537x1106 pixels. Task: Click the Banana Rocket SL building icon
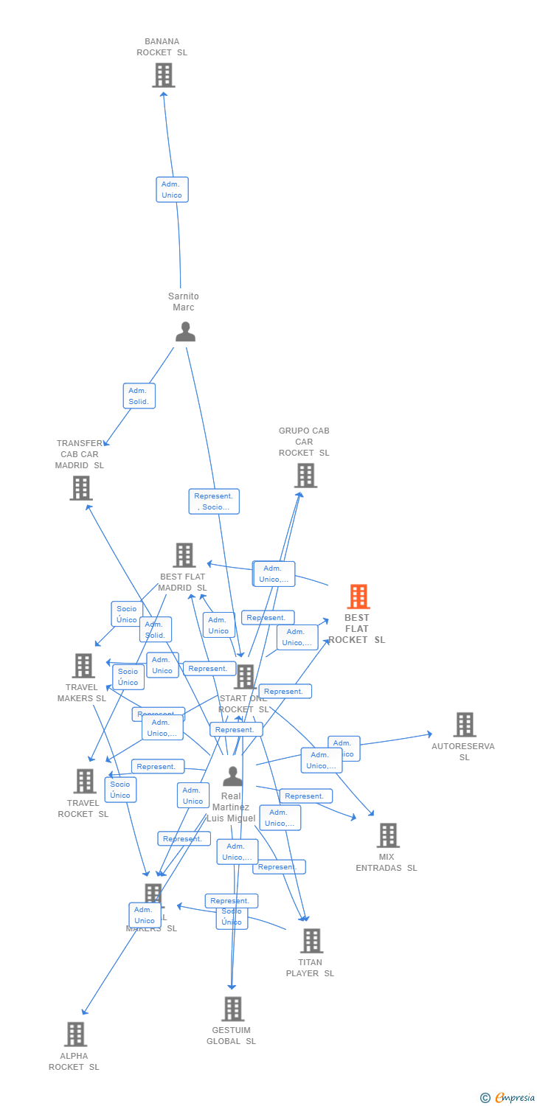[x=163, y=75]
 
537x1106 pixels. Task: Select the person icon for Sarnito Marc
[x=185, y=332]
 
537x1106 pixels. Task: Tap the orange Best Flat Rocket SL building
[x=358, y=597]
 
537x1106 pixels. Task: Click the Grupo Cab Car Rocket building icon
[x=305, y=476]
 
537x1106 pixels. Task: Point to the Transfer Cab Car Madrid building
[x=81, y=488]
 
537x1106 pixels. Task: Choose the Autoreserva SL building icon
[x=464, y=725]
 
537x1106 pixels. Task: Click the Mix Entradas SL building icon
[x=387, y=835]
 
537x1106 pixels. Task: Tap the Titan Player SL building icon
[x=311, y=941]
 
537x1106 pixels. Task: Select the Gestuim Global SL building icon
[x=232, y=1009]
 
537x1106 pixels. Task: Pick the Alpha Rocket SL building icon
[x=75, y=1034]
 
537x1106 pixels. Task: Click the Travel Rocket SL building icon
[x=85, y=782]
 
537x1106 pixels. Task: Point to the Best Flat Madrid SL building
[x=184, y=555]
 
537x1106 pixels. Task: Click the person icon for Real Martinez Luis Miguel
[x=232, y=776]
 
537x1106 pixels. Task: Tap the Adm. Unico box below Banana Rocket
[x=172, y=189]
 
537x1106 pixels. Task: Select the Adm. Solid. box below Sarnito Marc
[x=139, y=396]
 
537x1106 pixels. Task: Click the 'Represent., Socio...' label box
[x=213, y=501]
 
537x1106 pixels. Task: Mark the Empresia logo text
[x=513, y=1098]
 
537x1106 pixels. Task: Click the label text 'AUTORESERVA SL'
[x=463, y=751]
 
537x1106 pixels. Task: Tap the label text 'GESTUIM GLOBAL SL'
[x=231, y=1035]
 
